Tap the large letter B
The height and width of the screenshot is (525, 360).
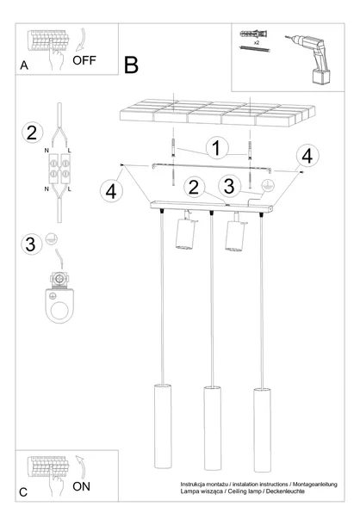pyautogui.click(x=131, y=65)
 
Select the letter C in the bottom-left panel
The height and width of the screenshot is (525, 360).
pyautogui.click(x=23, y=492)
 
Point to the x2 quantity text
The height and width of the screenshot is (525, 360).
pyautogui.click(x=258, y=40)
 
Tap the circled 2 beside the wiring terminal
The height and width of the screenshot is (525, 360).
pyautogui.click(x=31, y=133)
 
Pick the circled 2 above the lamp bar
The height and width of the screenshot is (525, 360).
pyautogui.click(x=194, y=186)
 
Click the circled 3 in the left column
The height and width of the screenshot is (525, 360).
pyautogui.click(x=31, y=244)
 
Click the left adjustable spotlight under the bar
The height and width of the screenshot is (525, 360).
pyautogui.click(x=184, y=234)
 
